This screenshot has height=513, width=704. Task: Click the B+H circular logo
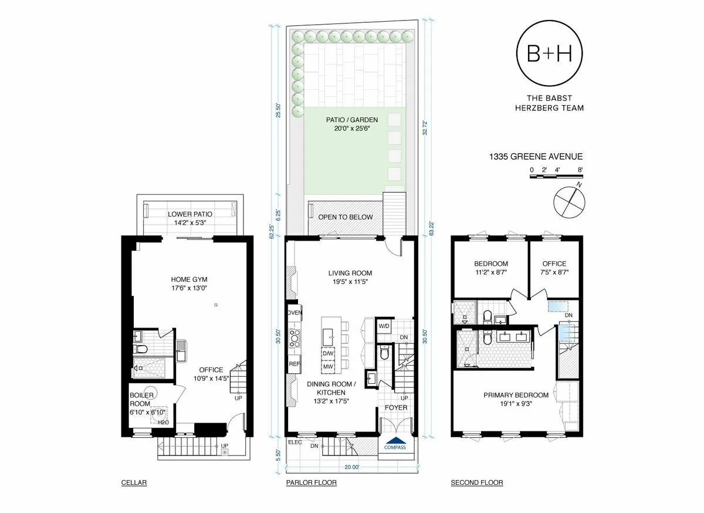pyautogui.click(x=550, y=53)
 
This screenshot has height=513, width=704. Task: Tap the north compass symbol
pyautogui.click(x=569, y=201)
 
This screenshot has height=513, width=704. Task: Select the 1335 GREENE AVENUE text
pyautogui.click(x=536, y=157)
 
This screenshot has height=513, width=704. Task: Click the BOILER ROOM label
pyautogui.click(x=141, y=399)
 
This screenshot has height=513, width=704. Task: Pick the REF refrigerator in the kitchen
pyautogui.click(x=293, y=363)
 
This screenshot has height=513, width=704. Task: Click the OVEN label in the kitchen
pyautogui.click(x=295, y=313)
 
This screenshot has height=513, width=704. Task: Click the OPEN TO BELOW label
pyautogui.click(x=345, y=217)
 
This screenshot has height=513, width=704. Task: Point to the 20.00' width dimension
pyautogui.click(x=351, y=467)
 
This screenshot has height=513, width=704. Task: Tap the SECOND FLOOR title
pyautogui.click(x=476, y=483)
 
